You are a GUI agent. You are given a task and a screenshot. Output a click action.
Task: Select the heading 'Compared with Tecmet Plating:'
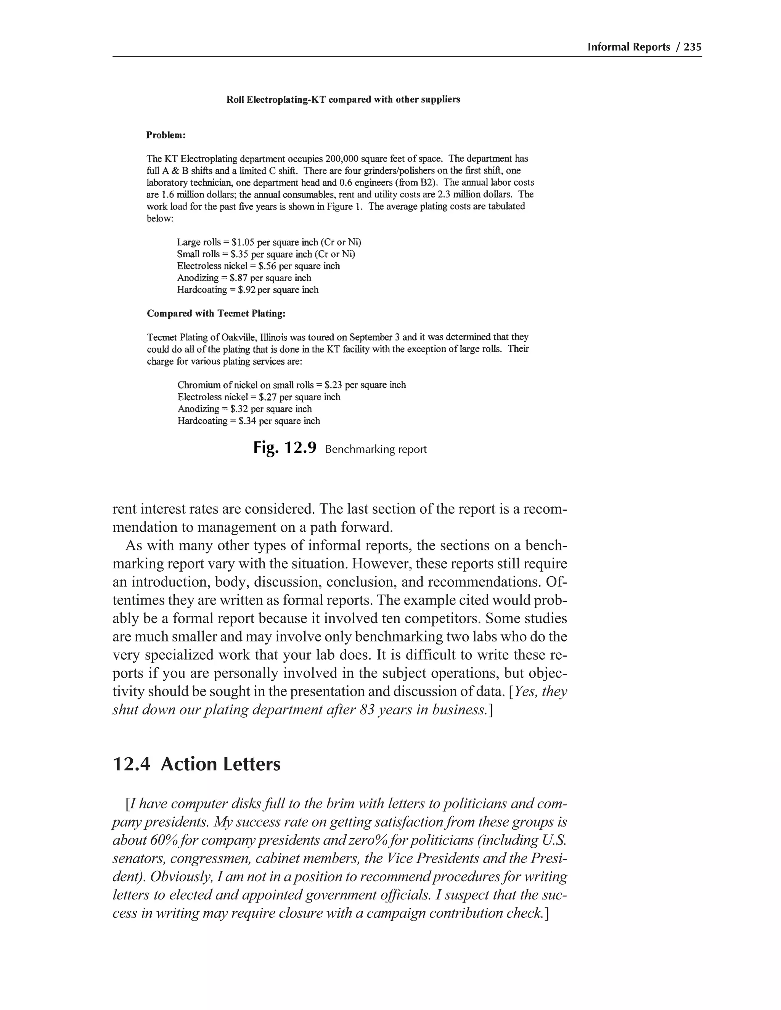point(216,314)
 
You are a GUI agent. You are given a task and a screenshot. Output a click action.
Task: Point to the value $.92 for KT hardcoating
point(247,290)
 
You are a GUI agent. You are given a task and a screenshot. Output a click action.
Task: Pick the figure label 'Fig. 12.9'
point(284,448)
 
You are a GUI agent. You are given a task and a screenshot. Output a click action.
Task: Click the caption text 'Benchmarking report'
point(376,449)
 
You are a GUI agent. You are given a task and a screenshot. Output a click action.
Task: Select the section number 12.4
point(132,764)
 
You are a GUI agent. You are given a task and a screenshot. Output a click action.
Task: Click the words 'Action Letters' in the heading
point(221,764)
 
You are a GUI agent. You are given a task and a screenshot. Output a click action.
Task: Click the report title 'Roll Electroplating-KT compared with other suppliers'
point(343,99)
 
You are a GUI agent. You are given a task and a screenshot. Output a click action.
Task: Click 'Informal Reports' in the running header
point(628,47)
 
